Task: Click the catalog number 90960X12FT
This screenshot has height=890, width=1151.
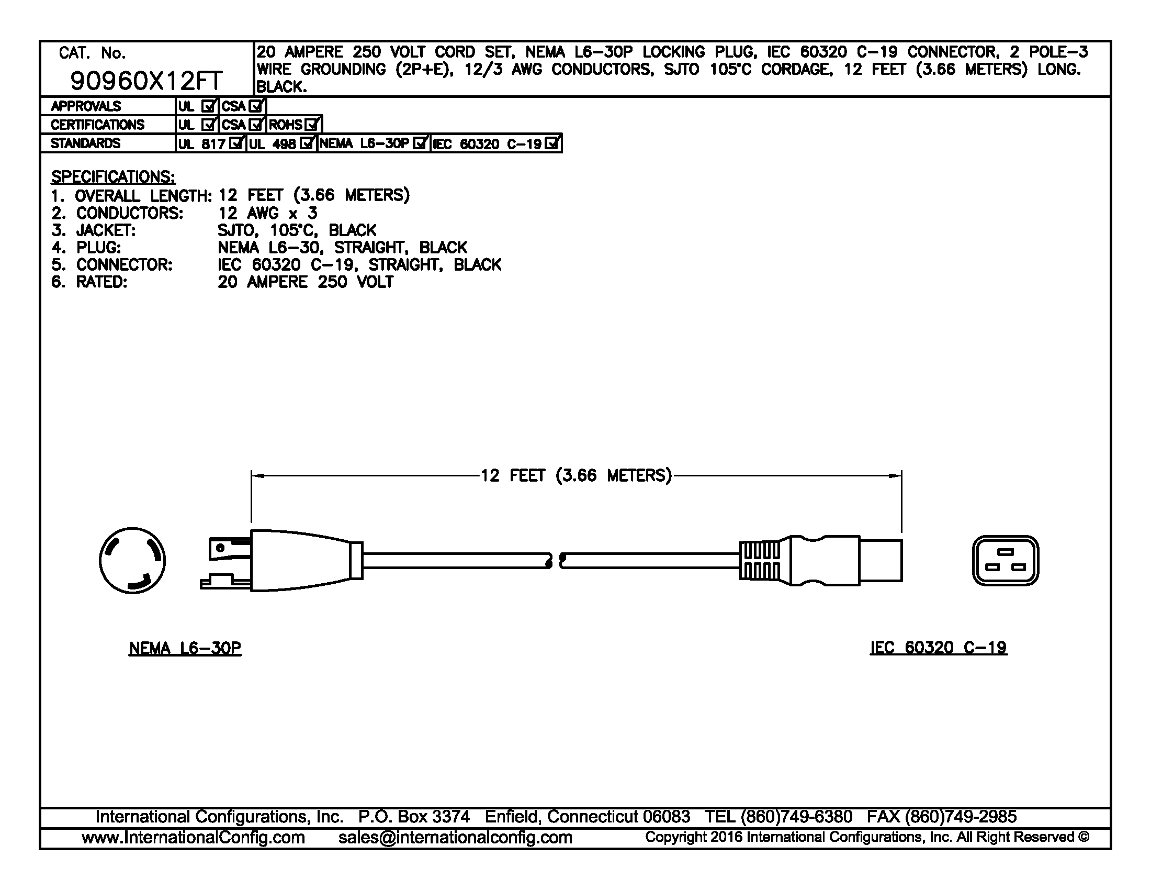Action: point(146,81)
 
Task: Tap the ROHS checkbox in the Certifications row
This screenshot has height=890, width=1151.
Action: point(312,125)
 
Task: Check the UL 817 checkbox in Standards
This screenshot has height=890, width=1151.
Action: point(236,143)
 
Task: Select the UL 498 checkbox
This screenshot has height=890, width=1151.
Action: point(307,143)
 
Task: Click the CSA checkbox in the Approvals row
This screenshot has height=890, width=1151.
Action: point(256,106)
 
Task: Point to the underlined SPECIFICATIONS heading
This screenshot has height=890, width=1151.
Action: point(113,176)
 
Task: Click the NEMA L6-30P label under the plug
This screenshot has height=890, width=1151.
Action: point(185,648)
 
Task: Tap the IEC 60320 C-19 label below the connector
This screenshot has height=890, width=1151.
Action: point(938,648)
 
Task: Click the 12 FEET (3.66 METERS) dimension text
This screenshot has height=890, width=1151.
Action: point(575,475)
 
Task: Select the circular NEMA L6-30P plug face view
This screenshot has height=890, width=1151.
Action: point(132,561)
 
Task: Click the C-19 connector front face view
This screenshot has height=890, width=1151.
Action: point(1005,561)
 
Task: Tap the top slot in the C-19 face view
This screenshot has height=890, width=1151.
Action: point(1006,552)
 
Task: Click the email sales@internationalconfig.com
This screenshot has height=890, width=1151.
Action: point(455,838)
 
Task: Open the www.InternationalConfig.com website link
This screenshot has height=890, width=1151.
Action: point(193,838)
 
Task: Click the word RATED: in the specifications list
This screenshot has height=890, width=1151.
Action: point(101,282)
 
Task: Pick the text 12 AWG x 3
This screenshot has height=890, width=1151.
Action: point(267,213)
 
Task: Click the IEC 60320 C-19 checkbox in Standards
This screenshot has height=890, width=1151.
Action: point(552,143)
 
